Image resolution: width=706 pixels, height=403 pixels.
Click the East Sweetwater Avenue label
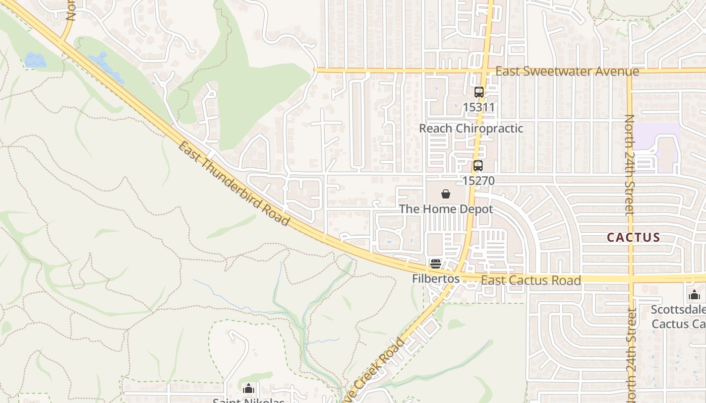[567, 72]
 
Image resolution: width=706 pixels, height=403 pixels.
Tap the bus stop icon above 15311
[479, 92]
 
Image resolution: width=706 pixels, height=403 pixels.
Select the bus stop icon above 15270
[478, 165]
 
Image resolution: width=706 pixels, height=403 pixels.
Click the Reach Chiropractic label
[471, 128]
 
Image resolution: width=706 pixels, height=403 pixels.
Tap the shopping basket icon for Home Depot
[446, 194]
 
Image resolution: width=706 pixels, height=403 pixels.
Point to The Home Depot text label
[446, 209]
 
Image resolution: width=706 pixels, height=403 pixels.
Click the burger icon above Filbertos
[436, 263]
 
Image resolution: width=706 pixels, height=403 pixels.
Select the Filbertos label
[436, 279]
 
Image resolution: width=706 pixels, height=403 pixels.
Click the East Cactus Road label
[531, 280]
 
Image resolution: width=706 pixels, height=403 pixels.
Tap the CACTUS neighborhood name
[633, 237]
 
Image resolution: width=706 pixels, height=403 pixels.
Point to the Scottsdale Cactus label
[678, 316]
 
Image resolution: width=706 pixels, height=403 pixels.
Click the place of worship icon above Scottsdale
[694, 295]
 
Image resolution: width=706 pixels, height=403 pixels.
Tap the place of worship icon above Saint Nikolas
[248, 388]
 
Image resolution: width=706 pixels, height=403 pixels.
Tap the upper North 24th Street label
[629, 165]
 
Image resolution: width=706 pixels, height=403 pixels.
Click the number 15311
[479, 107]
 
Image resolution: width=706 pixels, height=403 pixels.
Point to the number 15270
[478, 180]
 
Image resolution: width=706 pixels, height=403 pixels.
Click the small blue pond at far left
[35, 60]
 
